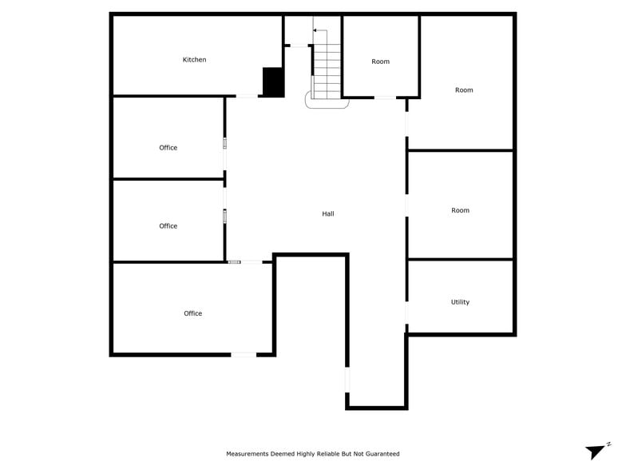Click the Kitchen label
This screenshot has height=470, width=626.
[x=194, y=60]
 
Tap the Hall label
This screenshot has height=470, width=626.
[x=328, y=214]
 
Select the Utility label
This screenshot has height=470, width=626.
[x=460, y=302]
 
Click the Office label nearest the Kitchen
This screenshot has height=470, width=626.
[x=168, y=148]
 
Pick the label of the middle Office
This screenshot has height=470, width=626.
[x=168, y=226]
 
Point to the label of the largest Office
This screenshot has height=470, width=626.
[x=192, y=313]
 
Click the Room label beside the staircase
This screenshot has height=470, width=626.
[x=380, y=62]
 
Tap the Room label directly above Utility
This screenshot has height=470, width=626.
[x=460, y=210]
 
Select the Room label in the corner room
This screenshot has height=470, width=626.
[x=464, y=90]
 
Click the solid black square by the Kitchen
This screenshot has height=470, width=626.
[x=273, y=82]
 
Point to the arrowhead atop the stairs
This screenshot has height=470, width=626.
[x=315, y=30]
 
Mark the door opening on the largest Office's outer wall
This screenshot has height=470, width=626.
[x=244, y=354]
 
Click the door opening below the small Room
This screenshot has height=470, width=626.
[x=385, y=98]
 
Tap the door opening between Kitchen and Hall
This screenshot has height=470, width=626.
[x=247, y=97]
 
